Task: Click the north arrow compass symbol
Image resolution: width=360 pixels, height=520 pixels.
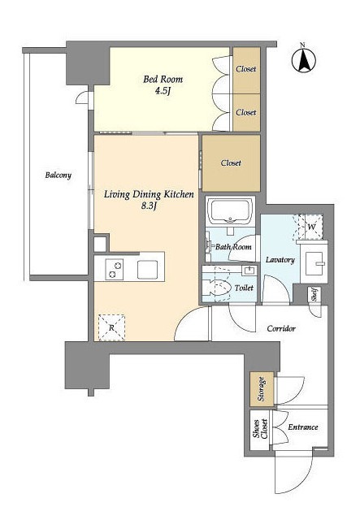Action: pos(304,60)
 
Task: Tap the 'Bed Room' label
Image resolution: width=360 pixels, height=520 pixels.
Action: pos(163,80)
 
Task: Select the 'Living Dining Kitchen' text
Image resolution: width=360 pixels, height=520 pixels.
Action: pos(149,194)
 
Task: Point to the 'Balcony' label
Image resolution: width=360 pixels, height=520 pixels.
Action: pos(59,175)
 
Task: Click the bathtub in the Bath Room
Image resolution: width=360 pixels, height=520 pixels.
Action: pos(230,211)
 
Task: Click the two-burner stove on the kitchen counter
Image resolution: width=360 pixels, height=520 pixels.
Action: pos(114,269)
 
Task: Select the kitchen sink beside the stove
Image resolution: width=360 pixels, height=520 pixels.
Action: pos(147,269)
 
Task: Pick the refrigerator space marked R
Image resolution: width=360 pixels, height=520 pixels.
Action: pos(112,327)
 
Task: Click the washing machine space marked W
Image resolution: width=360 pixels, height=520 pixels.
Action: pos(310,227)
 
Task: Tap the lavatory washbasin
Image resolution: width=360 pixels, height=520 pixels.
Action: pos(314,263)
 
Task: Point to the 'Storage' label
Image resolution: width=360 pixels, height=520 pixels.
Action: pos(261,389)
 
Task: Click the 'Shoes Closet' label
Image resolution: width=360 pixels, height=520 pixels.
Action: pos(261,429)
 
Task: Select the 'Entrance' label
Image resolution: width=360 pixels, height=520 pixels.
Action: pos(303,427)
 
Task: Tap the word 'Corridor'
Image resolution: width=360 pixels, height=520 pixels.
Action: pos(281,328)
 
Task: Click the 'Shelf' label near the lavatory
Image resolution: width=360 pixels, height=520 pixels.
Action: pos(314,294)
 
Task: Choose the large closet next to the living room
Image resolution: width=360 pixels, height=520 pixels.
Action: pos(232,162)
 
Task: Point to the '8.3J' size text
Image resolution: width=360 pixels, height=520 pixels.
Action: pos(149,206)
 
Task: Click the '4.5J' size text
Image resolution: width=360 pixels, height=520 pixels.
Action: pos(163,91)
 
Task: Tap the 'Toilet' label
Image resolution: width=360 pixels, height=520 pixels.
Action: pos(244,288)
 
